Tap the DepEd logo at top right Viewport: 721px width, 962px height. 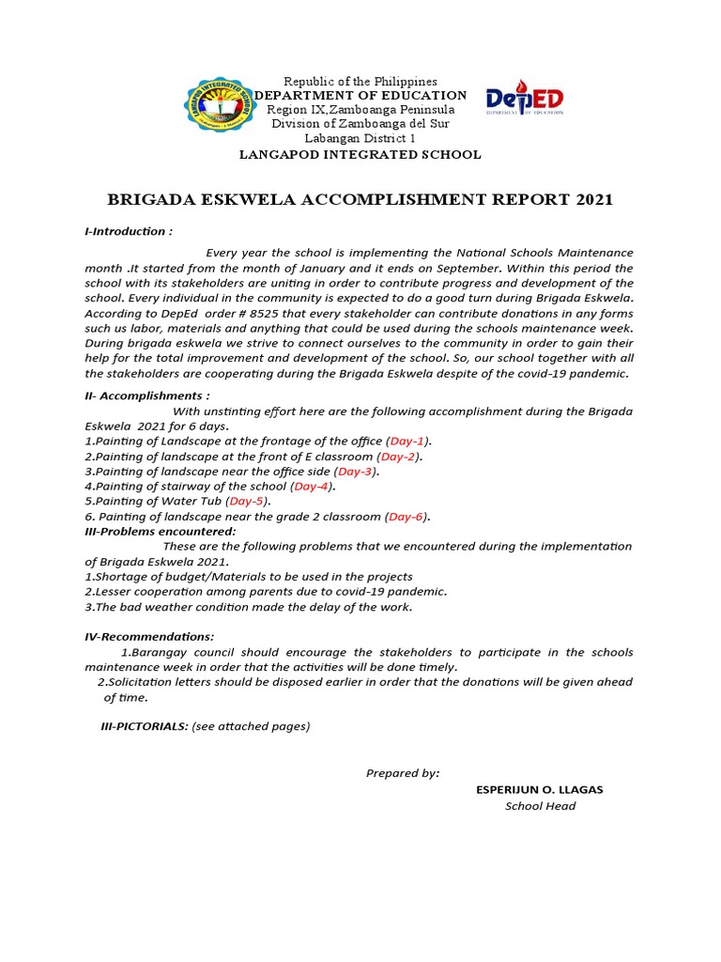[x=525, y=101]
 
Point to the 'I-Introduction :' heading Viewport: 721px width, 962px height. [x=129, y=231]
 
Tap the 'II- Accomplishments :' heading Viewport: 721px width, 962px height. [x=147, y=396]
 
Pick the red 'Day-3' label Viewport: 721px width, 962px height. [x=356, y=471]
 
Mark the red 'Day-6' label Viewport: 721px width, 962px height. [x=407, y=516]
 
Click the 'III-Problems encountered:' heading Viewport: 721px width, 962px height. [x=161, y=531]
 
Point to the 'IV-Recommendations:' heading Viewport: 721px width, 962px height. [x=149, y=637]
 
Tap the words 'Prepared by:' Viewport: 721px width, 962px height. [x=402, y=773]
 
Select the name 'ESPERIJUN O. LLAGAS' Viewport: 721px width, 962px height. [x=540, y=789]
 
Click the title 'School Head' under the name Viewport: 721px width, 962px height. [x=540, y=806]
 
